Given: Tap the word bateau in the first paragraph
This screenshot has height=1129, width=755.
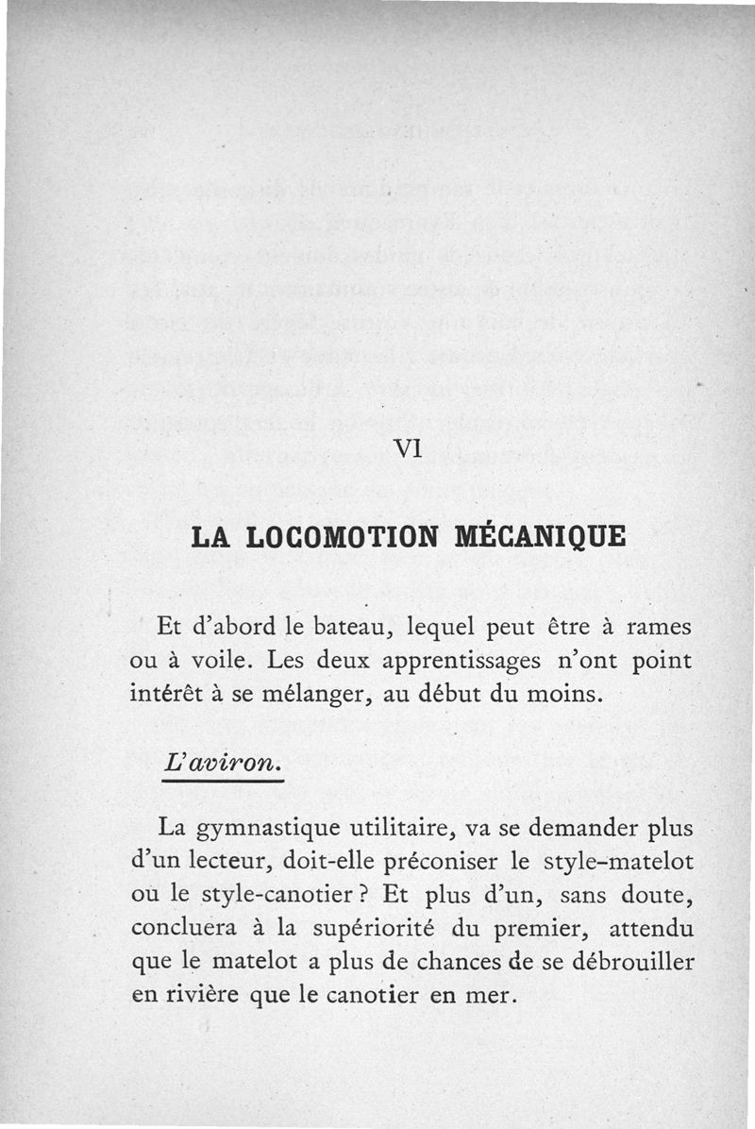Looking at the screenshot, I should click(336, 628).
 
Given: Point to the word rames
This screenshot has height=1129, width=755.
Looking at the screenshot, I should click(659, 627).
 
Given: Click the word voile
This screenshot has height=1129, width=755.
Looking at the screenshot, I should click(204, 660).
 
